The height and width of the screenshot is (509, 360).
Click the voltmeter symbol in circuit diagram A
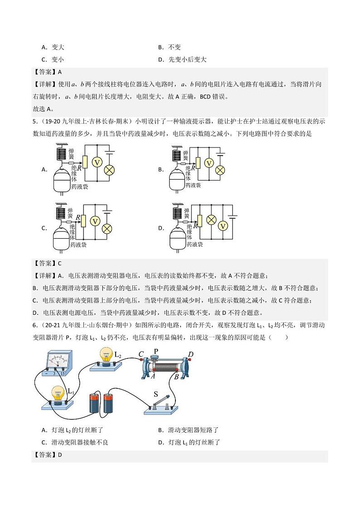click(96, 162)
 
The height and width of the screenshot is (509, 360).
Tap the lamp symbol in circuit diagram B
click(220, 170)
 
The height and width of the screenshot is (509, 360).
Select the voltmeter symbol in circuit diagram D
click(223, 225)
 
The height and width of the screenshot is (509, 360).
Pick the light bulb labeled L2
click(107, 357)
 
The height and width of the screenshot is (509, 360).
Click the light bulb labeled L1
click(58, 394)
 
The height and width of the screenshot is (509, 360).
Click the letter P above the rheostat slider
click(156, 351)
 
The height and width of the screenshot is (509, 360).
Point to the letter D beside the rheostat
click(190, 354)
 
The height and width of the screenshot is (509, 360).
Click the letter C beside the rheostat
click(141, 354)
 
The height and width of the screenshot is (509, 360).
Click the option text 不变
click(175, 47)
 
